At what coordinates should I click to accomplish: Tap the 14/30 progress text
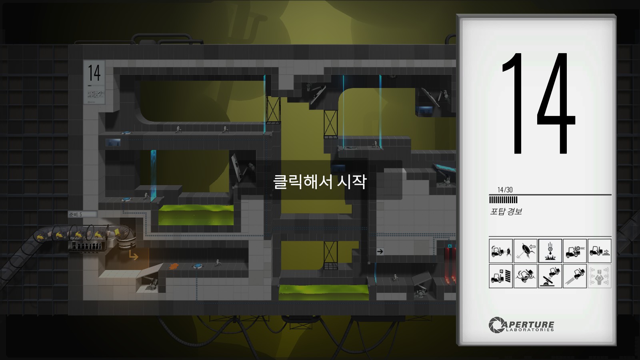[505, 190]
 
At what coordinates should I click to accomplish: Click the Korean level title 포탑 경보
[506, 211]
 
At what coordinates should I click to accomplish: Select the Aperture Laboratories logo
[521, 325]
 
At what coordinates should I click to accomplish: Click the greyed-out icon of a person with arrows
[599, 276]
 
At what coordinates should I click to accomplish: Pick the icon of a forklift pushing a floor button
[599, 251]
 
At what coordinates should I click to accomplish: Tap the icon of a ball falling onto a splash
[550, 251]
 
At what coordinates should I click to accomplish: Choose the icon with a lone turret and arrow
[525, 251]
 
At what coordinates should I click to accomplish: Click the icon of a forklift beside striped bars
[500, 276]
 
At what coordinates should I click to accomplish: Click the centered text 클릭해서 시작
[320, 182]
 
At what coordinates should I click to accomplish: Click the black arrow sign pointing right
[380, 251]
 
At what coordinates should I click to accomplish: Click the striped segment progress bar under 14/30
[503, 200]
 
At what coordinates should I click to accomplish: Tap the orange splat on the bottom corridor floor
[173, 266]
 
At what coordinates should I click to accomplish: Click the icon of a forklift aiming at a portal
[500, 251]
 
